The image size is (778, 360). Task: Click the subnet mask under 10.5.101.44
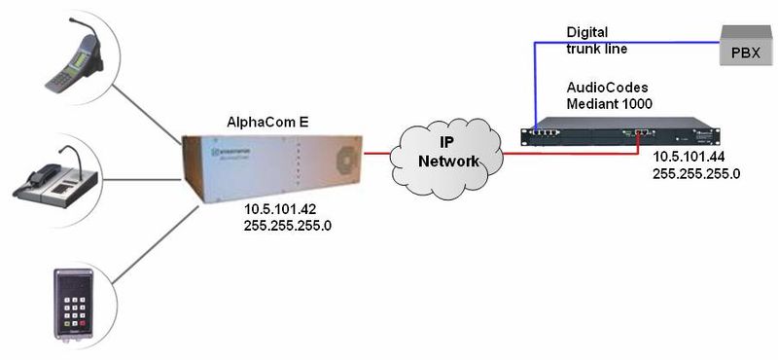tap(697, 175)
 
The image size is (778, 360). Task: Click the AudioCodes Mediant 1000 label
tap(609, 94)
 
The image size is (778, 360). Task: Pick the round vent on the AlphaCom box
tap(343, 159)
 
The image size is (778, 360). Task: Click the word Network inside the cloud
tap(448, 162)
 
